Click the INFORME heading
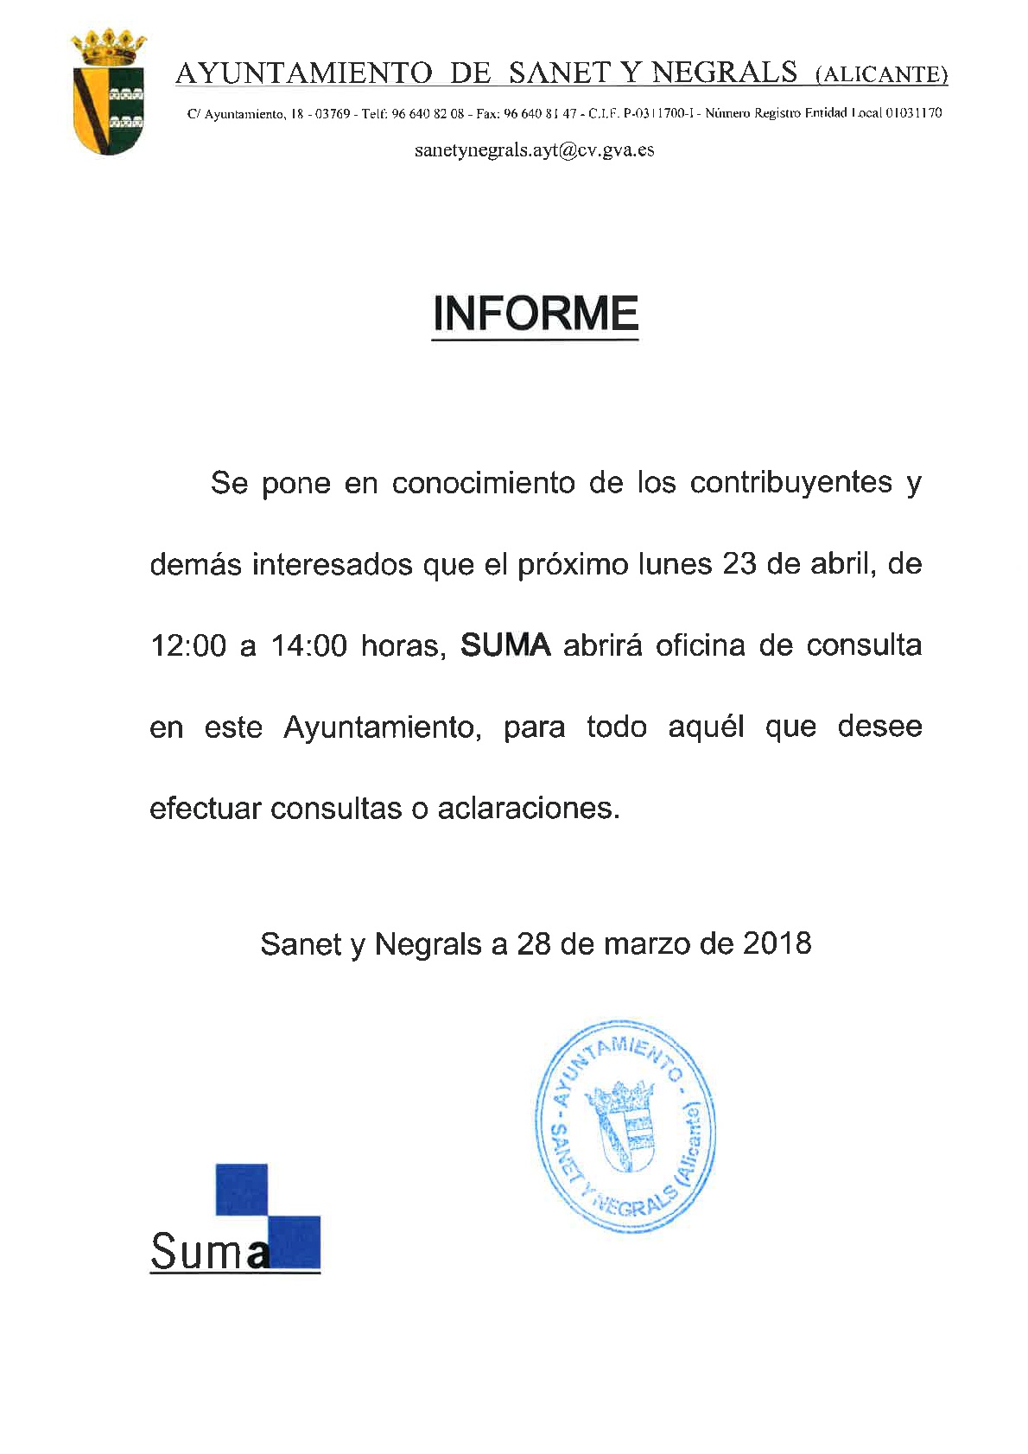[x=535, y=314]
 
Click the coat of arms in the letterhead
[x=108, y=94]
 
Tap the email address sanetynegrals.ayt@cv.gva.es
[x=534, y=150]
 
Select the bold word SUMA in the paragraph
[x=505, y=645]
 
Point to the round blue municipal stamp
[x=625, y=1126]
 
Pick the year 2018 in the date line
[x=777, y=943]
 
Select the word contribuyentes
[x=790, y=482]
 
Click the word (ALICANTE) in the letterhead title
[x=881, y=75]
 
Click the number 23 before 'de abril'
[x=739, y=564]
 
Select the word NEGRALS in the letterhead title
[x=724, y=73]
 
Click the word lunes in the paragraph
[x=674, y=564]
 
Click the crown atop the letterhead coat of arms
[x=108, y=44]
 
